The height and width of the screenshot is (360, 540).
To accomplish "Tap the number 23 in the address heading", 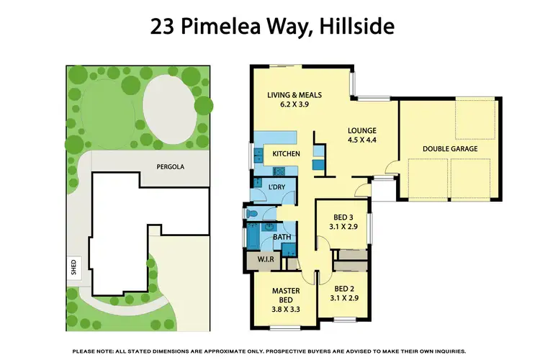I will coord(162,28).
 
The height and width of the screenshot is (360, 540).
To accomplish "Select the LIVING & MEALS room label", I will coord(295,94).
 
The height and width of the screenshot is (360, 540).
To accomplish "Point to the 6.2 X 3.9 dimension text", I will coord(295,104).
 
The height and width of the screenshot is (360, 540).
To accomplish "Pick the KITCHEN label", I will coord(286,153).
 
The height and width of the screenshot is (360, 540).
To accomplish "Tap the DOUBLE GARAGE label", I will coord(451,149).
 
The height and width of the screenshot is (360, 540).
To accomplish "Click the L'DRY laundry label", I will coord(276,188).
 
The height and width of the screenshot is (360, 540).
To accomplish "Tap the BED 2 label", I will coord(343,292).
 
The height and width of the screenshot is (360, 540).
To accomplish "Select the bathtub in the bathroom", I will coord(253,235).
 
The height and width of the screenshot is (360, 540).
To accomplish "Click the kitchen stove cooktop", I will coord(281,171).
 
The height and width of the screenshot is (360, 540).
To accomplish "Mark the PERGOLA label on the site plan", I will coord(171,166).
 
